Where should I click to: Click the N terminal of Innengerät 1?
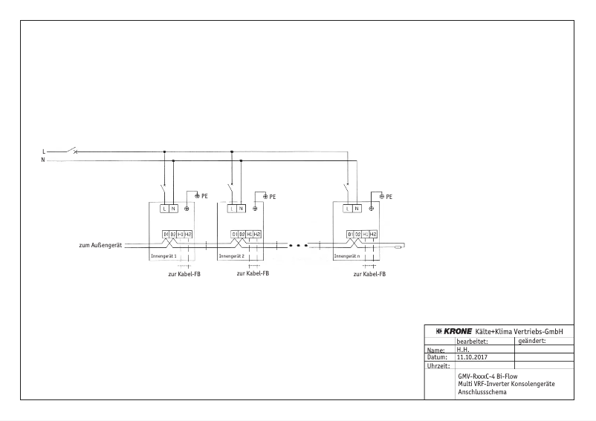coord(173,209)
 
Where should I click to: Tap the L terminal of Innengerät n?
coord(348,209)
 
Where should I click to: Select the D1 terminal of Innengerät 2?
coord(234,234)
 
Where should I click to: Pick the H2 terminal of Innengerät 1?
coord(189,234)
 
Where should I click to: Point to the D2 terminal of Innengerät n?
coord(357,234)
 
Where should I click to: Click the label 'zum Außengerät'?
coord(101,244)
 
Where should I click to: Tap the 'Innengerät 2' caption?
coord(231,256)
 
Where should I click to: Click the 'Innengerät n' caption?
coord(347,256)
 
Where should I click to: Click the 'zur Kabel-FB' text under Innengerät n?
coord(369,273)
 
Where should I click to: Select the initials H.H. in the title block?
coord(462,349)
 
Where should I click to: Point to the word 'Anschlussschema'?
coord(482,391)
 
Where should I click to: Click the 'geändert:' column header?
coord(530,341)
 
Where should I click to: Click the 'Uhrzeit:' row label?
coord(438,365)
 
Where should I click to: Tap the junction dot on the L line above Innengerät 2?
coord(232,151)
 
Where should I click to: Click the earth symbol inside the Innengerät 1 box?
coord(187,209)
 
